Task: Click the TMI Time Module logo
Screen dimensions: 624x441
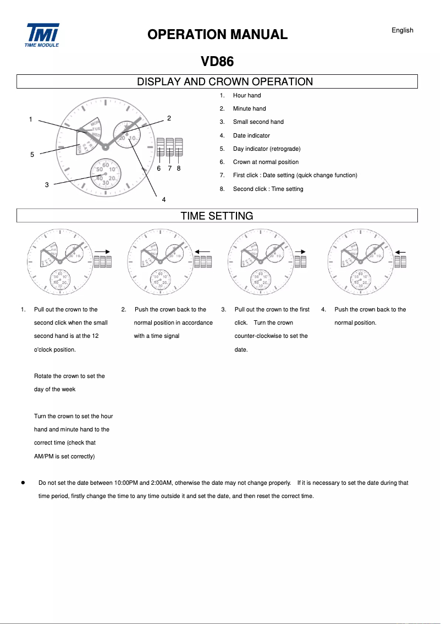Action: [42, 35]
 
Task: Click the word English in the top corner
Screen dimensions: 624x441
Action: [402, 30]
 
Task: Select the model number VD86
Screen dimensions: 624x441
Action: [217, 62]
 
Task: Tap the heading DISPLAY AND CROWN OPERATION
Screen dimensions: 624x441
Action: [224, 82]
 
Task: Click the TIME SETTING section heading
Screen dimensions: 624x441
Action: [217, 216]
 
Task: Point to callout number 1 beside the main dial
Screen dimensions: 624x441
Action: [31, 119]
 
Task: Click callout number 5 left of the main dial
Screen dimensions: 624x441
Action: [32, 155]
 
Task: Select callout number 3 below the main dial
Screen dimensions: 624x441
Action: [47, 185]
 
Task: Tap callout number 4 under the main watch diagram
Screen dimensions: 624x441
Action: [164, 199]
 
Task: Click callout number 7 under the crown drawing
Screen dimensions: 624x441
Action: [169, 168]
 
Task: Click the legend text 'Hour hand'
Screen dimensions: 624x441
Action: [246, 95]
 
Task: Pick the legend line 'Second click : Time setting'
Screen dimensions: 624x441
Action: [268, 189]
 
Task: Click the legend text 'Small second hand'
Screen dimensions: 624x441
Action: [258, 122]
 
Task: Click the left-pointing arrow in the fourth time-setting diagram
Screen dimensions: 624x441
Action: [400, 251]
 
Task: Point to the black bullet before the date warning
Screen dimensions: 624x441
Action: [23, 483]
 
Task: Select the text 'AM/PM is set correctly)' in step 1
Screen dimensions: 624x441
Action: [64, 456]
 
